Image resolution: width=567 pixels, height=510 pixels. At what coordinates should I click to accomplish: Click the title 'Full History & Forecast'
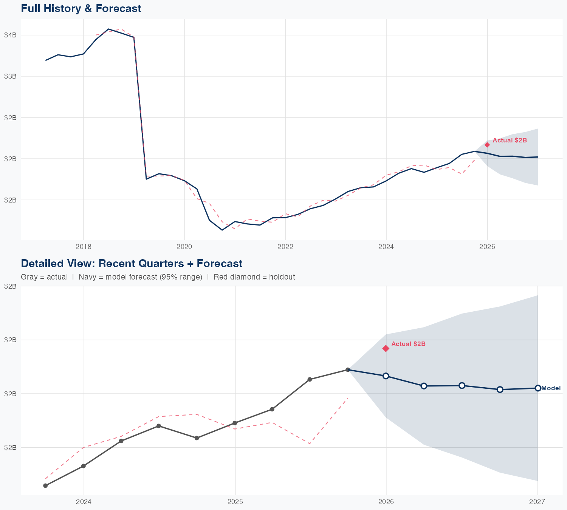(81, 9)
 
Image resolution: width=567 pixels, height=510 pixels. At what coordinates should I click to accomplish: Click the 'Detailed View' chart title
(132, 263)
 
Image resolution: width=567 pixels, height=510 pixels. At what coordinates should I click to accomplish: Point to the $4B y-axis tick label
(10, 35)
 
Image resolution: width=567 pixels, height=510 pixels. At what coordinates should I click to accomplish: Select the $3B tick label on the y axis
(10, 76)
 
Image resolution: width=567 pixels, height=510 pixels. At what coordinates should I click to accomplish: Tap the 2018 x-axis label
(84, 247)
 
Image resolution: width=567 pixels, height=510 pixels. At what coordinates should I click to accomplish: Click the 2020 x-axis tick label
(184, 247)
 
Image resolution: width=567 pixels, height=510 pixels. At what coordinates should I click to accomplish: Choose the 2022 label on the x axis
(285, 247)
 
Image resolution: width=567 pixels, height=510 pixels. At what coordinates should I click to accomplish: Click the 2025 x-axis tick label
(235, 502)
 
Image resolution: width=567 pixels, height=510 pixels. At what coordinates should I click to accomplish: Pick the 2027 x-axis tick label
(537, 502)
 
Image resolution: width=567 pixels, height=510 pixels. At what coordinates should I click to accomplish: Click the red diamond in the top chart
(487, 145)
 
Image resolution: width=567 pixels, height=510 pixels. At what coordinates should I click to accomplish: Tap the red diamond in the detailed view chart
(386, 348)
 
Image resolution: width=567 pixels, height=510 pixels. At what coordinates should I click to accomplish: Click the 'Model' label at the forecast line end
(551, 388)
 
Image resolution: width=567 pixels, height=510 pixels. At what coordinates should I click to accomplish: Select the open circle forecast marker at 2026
(386, 376)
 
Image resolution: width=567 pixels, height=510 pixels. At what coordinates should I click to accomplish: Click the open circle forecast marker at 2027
(538, 388)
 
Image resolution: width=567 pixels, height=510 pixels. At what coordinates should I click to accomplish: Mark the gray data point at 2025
(235, 423)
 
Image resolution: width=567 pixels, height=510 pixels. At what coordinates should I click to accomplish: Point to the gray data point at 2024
(84, 466)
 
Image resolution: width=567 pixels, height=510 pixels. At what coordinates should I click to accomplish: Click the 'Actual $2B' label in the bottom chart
(408, 344)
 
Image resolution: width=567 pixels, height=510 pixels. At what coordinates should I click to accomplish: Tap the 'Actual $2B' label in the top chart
(510, 141)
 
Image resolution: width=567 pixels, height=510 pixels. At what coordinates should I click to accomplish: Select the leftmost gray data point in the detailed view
(45, 485)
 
